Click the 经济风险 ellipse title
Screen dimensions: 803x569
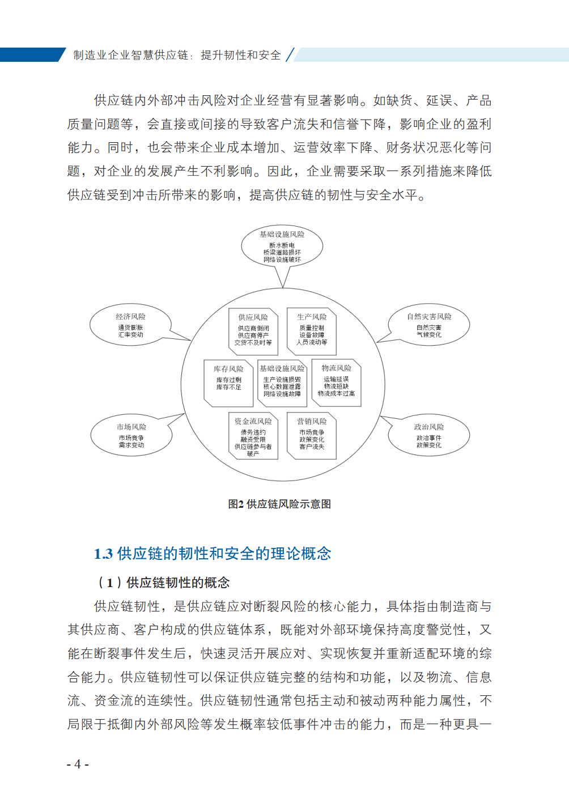[131, 317]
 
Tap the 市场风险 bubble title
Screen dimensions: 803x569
[131, 427]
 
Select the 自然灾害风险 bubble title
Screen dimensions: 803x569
[429, 317]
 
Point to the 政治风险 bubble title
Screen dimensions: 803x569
[429, 427]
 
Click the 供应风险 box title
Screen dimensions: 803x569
[253, 317]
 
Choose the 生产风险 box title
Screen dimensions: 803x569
[312, 317]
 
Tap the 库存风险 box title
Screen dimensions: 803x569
[228, 369]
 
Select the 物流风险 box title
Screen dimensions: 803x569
[336, 368]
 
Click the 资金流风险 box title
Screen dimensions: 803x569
[253, 422]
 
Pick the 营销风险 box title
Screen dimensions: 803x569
[312, 422]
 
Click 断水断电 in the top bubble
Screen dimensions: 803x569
[282, 245]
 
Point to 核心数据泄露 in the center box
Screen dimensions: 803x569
[282, 386]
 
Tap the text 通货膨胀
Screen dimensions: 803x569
[131, 328]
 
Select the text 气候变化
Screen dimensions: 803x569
[429, 335]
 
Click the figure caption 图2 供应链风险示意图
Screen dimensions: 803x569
[279, 504]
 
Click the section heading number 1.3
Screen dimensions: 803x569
[103, 554]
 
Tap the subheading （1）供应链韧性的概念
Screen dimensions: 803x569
[164, 583]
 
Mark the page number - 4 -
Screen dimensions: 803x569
[78, 764]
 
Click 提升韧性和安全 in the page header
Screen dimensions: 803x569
[241, 55]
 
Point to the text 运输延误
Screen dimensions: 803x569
[336, 379]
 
